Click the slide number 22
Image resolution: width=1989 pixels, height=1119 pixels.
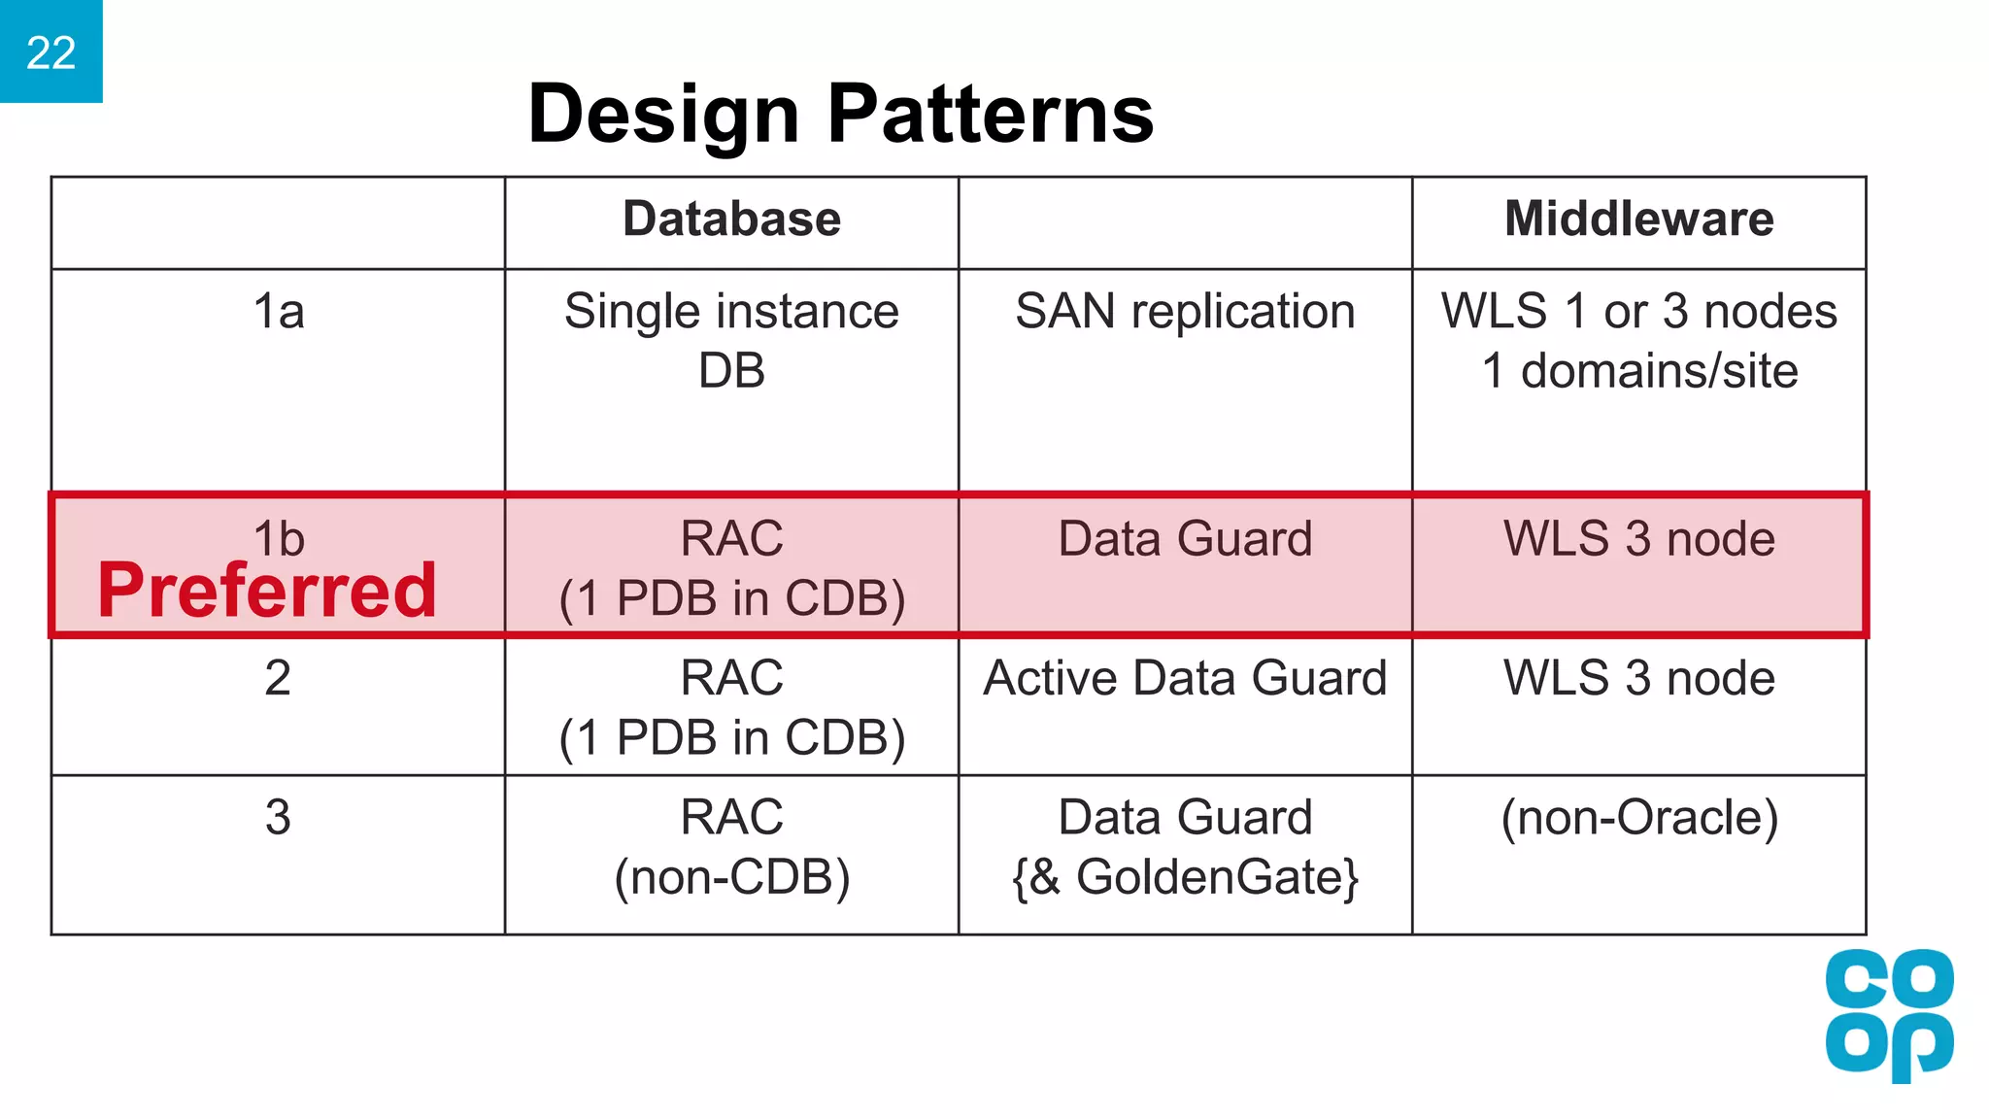51,52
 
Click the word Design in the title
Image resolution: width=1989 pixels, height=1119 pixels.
662,115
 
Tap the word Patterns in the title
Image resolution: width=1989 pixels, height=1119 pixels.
990,115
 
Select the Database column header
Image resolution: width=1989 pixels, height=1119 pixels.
731,219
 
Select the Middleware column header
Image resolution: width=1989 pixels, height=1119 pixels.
1638,219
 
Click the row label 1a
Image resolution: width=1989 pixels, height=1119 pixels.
278,312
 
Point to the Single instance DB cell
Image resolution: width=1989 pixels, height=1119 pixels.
731,340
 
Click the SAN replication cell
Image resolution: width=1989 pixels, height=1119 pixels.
1185,312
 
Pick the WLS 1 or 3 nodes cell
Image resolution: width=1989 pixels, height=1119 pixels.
1638,340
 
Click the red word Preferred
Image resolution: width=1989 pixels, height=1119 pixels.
267,591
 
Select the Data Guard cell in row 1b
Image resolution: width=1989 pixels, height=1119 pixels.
1185,539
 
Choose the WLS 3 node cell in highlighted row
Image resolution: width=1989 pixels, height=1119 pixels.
1638,539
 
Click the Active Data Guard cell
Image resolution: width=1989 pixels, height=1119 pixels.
1185,678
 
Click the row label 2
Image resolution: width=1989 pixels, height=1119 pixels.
278,678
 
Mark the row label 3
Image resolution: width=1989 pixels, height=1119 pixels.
278,817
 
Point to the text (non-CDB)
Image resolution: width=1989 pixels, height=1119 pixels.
731,877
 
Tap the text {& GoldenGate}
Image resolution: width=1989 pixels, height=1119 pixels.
1185,877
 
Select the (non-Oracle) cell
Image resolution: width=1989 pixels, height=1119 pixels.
1638,817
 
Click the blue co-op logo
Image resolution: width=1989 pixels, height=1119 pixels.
1888,1015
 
